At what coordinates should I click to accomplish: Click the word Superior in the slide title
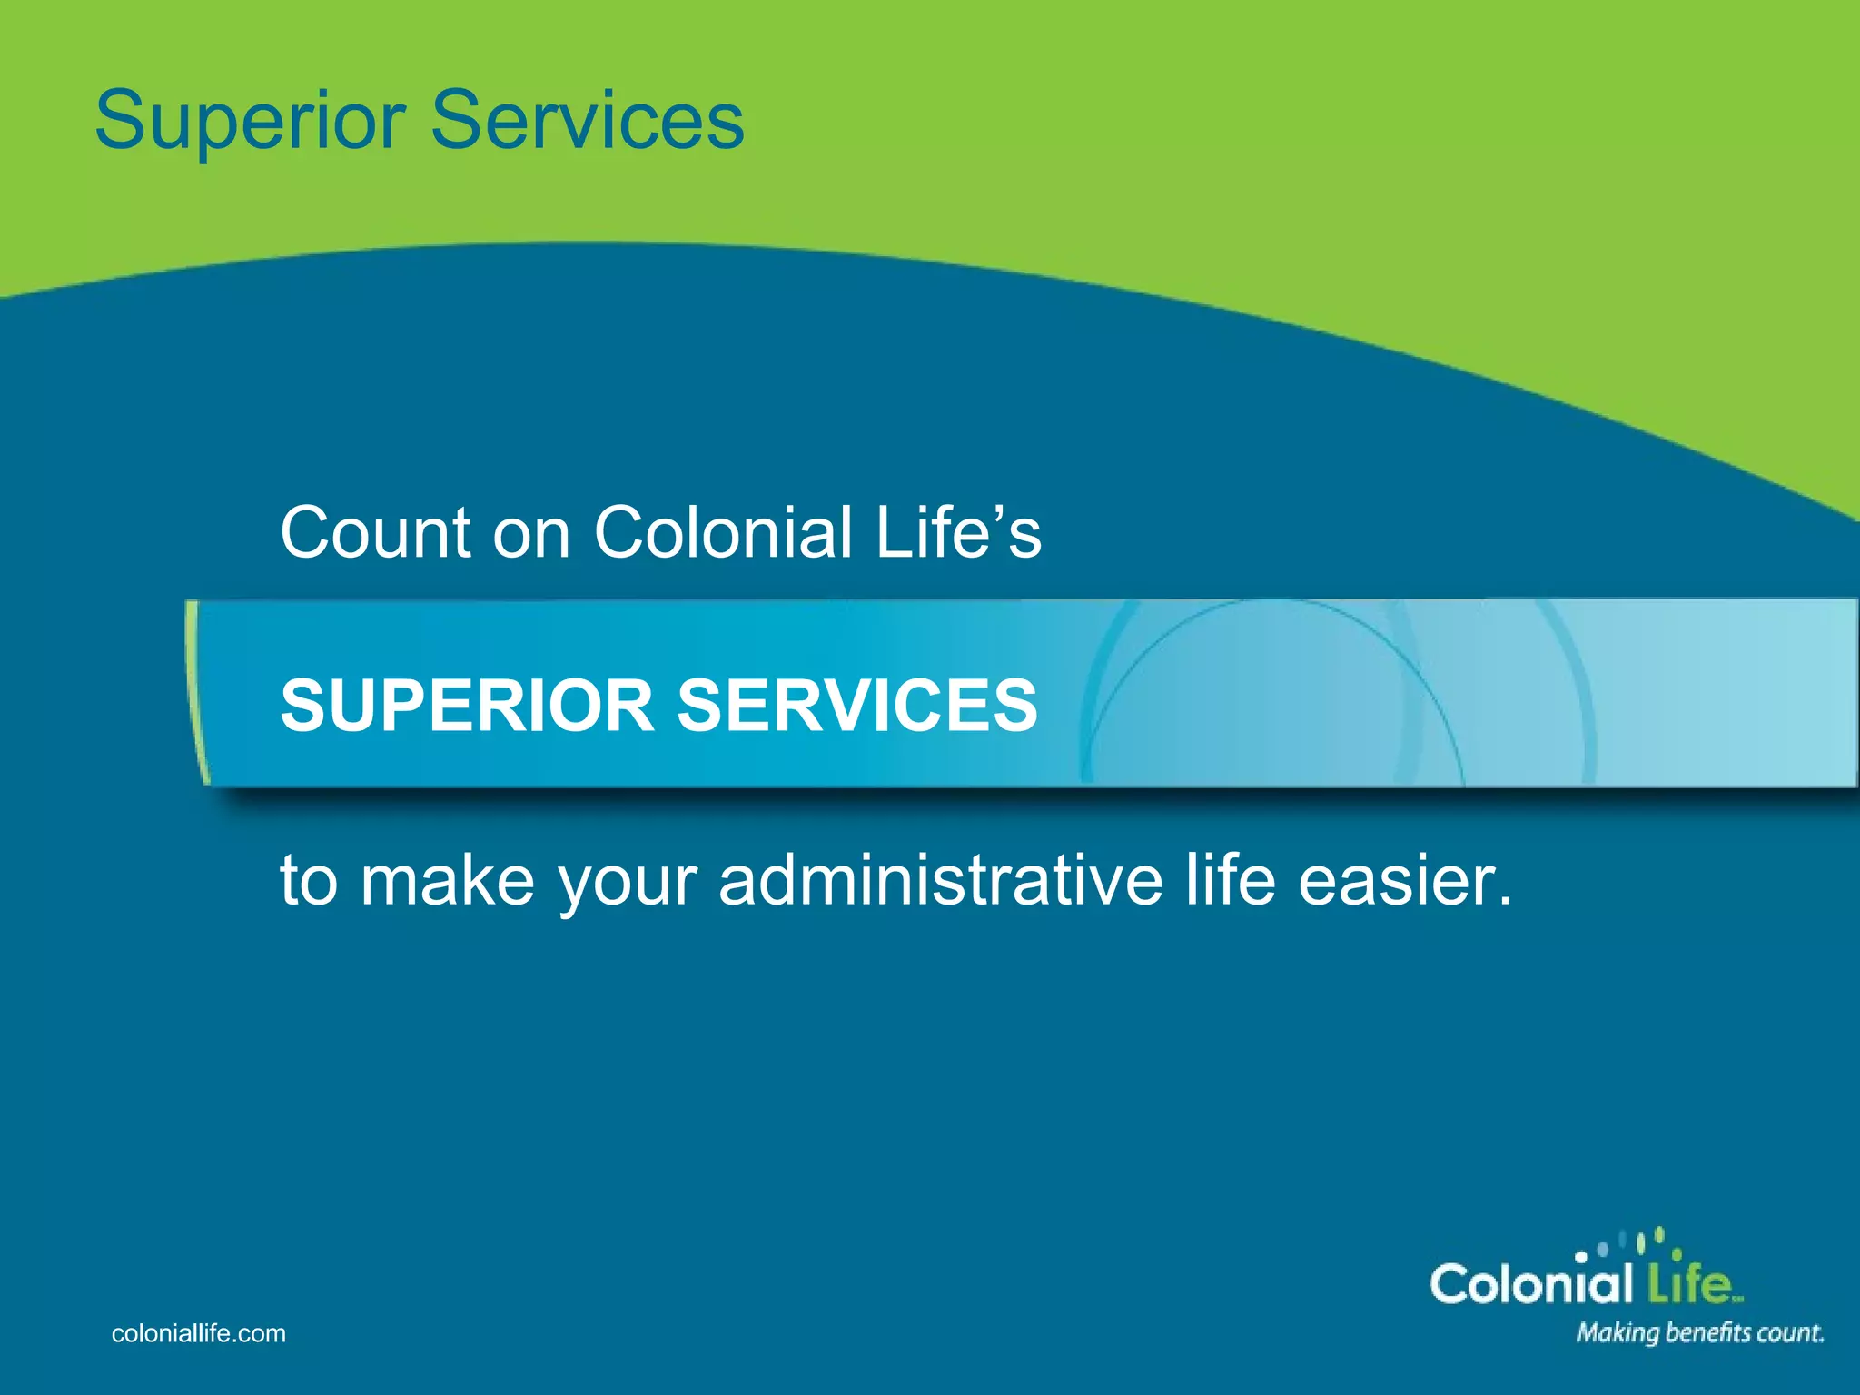pyautogui.click(x=250, y=122)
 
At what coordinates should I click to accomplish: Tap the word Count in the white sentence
pyautogui.click(x=375, y=533)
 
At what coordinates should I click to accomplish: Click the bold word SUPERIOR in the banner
pyautogui.click(x=467, y=706)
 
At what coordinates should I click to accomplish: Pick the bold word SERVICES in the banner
pyautogui.click(x=857, y=706)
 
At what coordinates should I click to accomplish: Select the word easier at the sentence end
pyautogui.click(x=1406, y=881)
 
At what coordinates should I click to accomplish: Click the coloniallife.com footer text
pyautogui.click(x=198, y=1333)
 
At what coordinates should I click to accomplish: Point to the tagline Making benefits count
pyautogui.click(x=1699, y=1333)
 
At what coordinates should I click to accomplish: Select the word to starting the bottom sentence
pyautogui.click(x=308, y=881)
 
